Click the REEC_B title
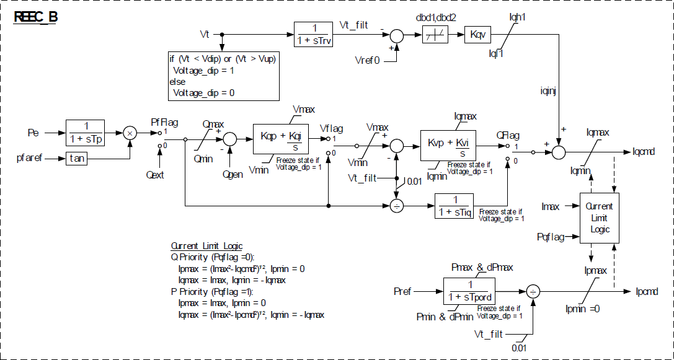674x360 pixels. pyautogui.click(x=36, y=17)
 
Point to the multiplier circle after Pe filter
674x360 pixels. pyautogui.click(x=130, y=133)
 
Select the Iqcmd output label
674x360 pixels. pyautogui.click(x=645, y=151)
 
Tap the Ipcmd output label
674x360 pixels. pyautogui.click(x=647, y=291)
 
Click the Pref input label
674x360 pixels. pyautogui.click(x=402, y=291)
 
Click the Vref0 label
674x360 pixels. pyautogui.click(x=366, y=61)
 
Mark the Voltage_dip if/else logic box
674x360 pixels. pyautogui.click(x=223, y=76)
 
